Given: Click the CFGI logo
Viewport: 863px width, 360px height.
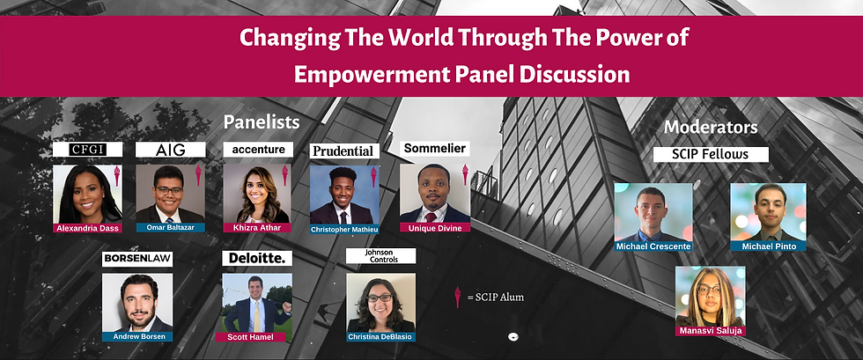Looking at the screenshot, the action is tap(87, 149).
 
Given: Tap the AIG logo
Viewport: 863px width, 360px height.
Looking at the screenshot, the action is tap(171, 149).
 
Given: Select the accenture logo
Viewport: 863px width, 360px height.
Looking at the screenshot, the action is tap(258, 149).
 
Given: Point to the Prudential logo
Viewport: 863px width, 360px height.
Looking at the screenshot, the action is tap(344, 151).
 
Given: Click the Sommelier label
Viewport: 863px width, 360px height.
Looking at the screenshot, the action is tap(435, 148).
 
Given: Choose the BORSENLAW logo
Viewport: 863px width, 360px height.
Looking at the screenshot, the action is tap(137, 259).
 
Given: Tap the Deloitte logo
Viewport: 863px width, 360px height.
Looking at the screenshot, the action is tap(257, 258).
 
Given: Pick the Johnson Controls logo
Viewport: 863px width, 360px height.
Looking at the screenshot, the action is tap(380, 255).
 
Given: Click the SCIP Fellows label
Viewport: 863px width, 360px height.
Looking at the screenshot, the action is tap(711, 154).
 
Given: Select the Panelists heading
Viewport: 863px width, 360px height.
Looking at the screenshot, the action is tap(262, 122).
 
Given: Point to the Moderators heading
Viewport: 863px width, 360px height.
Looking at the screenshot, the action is tap(711, 128).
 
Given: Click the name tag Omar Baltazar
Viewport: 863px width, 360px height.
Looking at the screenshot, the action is tap(171, 227).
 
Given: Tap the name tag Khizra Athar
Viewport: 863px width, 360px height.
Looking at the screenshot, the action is tap(256, 227).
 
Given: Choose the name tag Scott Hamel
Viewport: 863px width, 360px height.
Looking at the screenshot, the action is tap(250, 337).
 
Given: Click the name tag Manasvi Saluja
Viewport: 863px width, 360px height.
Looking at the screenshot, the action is tap(710, 331).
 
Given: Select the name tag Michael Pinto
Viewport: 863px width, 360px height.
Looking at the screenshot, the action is tap(769, 246).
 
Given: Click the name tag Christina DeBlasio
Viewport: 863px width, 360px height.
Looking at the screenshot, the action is tap(380, 336).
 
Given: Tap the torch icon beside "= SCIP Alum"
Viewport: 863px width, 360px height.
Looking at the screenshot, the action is tap(457, 297).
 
